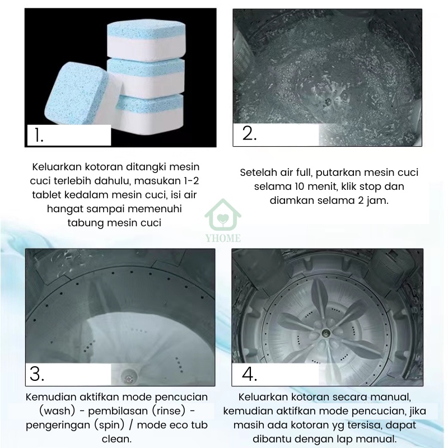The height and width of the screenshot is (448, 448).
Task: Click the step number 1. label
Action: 39,136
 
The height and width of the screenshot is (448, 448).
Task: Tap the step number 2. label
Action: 249,133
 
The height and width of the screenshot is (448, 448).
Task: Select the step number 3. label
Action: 37,374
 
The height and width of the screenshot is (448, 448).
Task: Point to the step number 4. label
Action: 249,374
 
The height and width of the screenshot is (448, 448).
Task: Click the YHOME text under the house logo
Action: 223,238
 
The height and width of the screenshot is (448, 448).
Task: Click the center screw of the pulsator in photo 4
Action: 325,333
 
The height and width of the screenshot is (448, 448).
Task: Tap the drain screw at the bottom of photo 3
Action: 129,379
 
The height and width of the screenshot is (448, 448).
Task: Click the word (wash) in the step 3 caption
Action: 57,411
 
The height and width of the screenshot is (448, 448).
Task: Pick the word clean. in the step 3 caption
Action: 116,439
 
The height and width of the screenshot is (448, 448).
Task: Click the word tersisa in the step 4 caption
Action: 362,425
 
